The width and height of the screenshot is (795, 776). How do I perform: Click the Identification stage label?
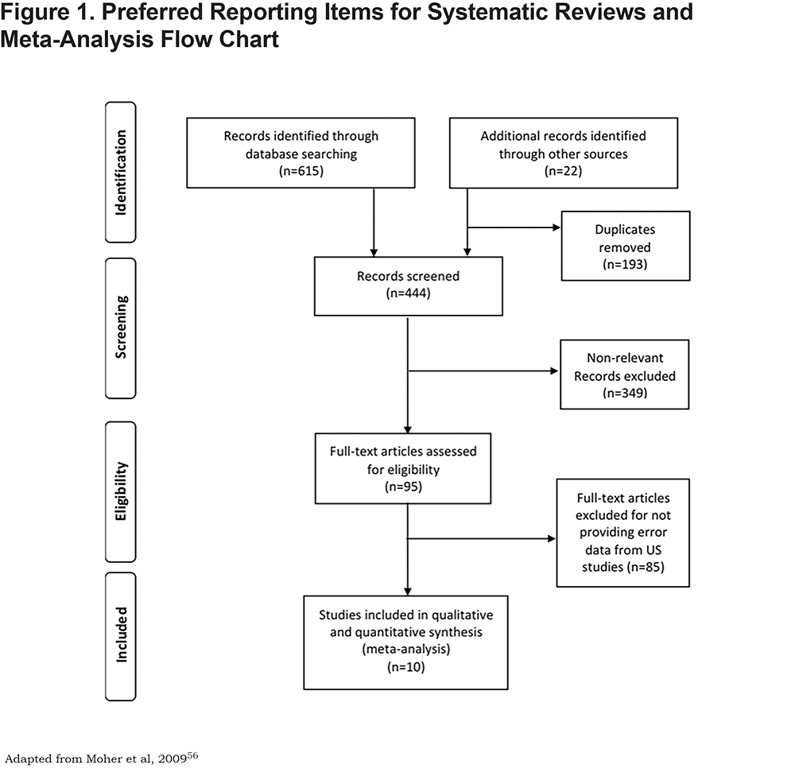point(121,173)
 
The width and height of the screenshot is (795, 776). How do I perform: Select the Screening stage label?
point(121,327)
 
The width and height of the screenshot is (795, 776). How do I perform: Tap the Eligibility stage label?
point(121,491)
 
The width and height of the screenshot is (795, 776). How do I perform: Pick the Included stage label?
point(121,634)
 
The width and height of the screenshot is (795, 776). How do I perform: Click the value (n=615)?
point(301,171)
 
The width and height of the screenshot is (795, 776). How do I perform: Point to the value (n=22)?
point(564,171)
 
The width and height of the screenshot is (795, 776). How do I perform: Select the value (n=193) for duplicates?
point(625,264)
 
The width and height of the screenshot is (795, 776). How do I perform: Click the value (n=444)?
point(408,293)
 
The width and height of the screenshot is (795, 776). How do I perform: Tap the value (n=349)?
point(625,393)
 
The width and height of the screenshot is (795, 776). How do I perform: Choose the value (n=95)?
point(403,487)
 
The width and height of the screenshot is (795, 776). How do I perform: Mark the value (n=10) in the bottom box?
point(406,667)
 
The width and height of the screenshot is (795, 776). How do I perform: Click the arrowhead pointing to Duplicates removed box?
point(556,227)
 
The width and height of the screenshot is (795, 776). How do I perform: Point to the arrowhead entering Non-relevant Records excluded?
point(554,371)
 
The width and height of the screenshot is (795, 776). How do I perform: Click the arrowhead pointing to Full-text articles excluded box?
point(552,538)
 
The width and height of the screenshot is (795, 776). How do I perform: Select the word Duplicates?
point(625,230)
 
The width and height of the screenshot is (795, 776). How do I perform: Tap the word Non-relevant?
point(625,358)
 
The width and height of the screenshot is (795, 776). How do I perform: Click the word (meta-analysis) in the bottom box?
point(406,650)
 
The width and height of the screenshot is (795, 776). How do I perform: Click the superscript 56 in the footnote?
point(192,755)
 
